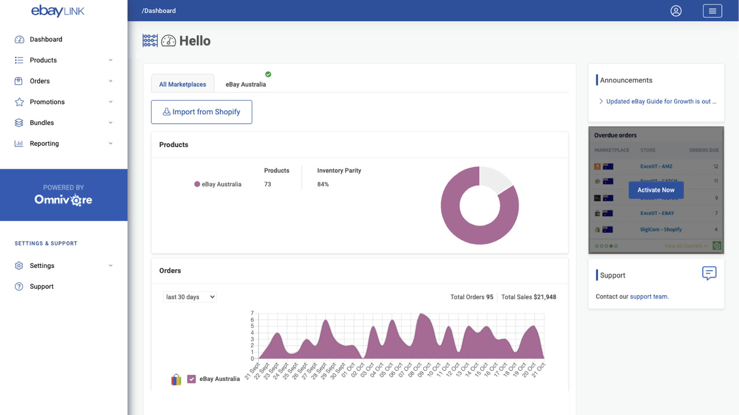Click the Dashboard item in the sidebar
pos(46,39)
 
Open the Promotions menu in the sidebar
pos(47,102)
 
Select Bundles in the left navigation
pos(42,123)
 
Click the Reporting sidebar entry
pos(44,144)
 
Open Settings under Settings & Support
pos(42,266)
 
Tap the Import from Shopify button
pos(201,112)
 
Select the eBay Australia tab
pos(246,84)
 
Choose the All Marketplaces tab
pos(182,84)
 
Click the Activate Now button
pos(656,190)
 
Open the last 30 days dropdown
pos(189,297)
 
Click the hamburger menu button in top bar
pos(712,11)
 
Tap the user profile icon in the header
pos(676,11)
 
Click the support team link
pos(649,297)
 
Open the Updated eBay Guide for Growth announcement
pos(661,101)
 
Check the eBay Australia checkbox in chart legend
pos(192,379)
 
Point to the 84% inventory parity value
pos(323,184)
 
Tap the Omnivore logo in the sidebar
pos(64,200)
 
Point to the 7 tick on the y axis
pos(252,314)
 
